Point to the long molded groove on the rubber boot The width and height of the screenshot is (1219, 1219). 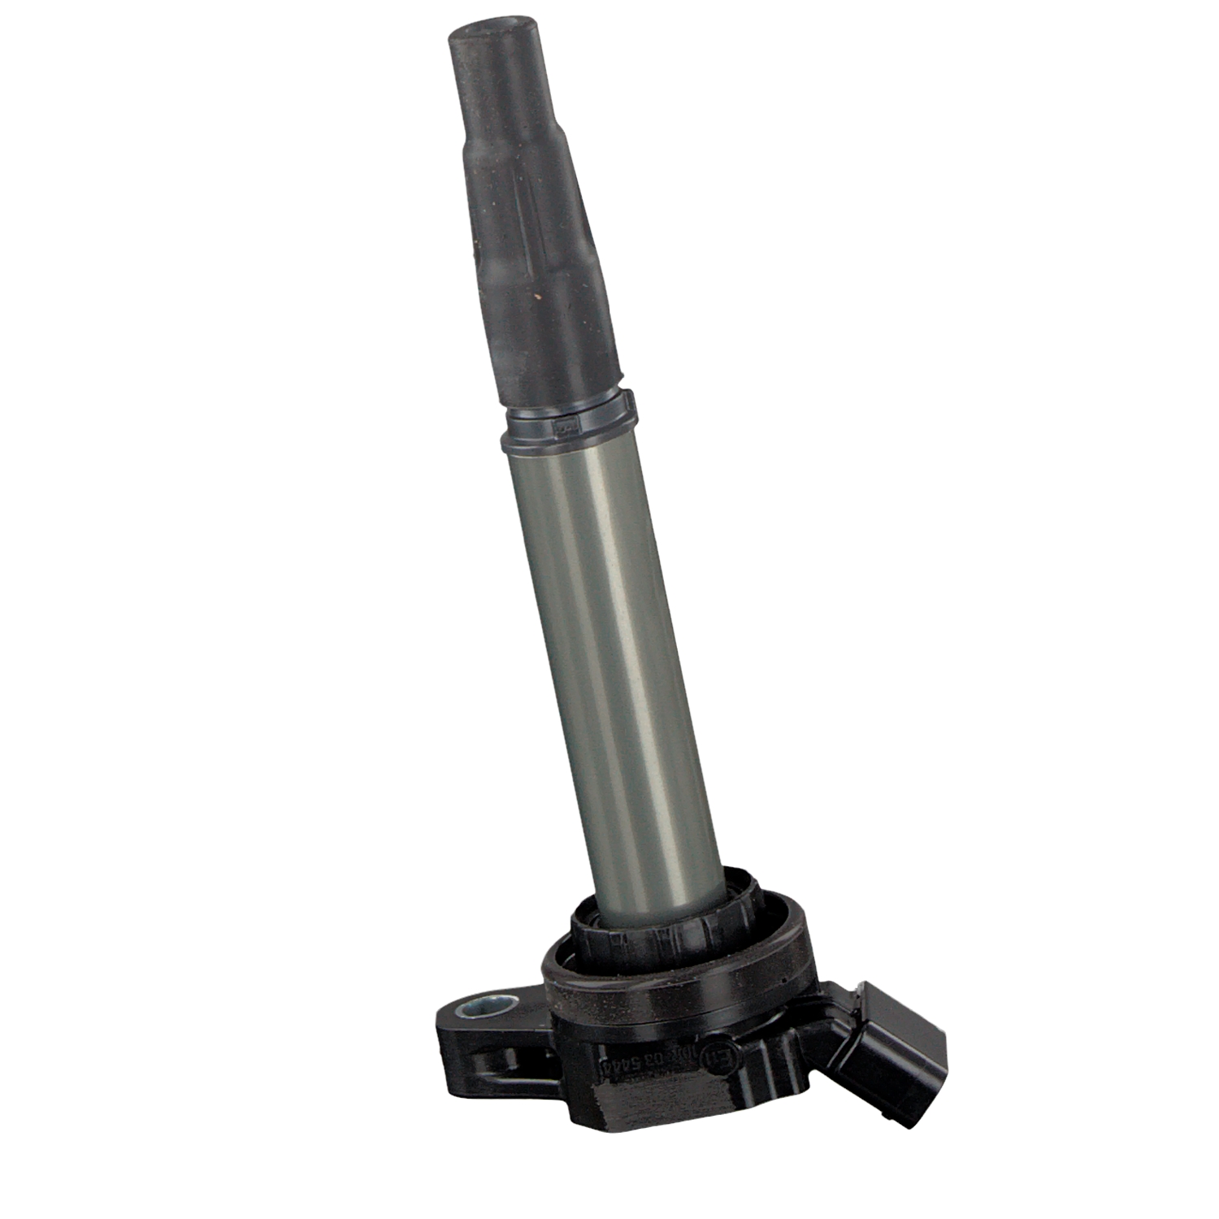point(532,244)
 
